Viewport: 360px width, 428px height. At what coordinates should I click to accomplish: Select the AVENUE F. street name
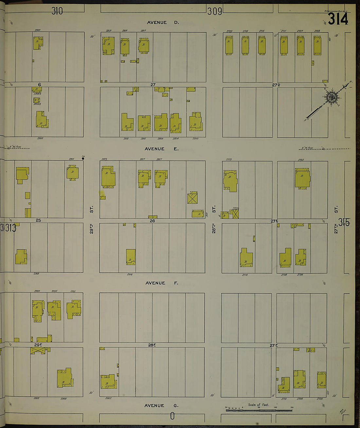tap(162, 283)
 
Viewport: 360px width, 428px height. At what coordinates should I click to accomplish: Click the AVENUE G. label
tap(161, 406)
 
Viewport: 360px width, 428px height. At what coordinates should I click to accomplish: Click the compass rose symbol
tap(331, 97)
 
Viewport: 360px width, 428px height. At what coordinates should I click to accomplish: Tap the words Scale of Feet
tap(258, 405)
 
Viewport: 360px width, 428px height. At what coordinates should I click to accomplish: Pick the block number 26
tap(152, 221)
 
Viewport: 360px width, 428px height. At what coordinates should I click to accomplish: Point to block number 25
tap(38, 221)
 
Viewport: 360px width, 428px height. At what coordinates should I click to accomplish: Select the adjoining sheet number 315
tap(344, 223)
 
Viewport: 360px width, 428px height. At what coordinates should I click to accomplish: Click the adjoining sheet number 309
tap(215, 11)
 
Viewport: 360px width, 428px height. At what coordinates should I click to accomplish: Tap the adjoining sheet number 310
tap(57, 11)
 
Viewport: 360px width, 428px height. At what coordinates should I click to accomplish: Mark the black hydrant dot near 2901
tap(83, 159)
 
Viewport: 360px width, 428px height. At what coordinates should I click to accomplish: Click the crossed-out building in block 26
tap(192, 198)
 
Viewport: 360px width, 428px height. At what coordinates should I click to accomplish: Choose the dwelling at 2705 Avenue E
tap(302, 178)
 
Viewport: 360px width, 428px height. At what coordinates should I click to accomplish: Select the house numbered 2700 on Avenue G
tap(321, 380)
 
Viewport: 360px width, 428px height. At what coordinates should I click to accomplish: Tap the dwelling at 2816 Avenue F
tap(131, 257)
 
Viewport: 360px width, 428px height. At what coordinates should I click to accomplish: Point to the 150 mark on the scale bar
tap(292, 408)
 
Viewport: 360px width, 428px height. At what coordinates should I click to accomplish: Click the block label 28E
tap(152, 345)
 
